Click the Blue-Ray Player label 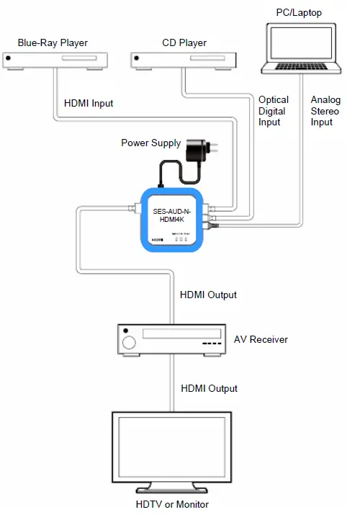click(53, 43)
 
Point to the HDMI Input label click(89, 104)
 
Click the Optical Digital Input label click(274, 111)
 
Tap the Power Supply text click(150, 143)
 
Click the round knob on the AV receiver click(130, 342)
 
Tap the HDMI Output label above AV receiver click(209, 295)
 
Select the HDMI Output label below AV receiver click(209, 388)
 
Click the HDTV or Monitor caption click(173, 504)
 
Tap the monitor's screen click(173, 450)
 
